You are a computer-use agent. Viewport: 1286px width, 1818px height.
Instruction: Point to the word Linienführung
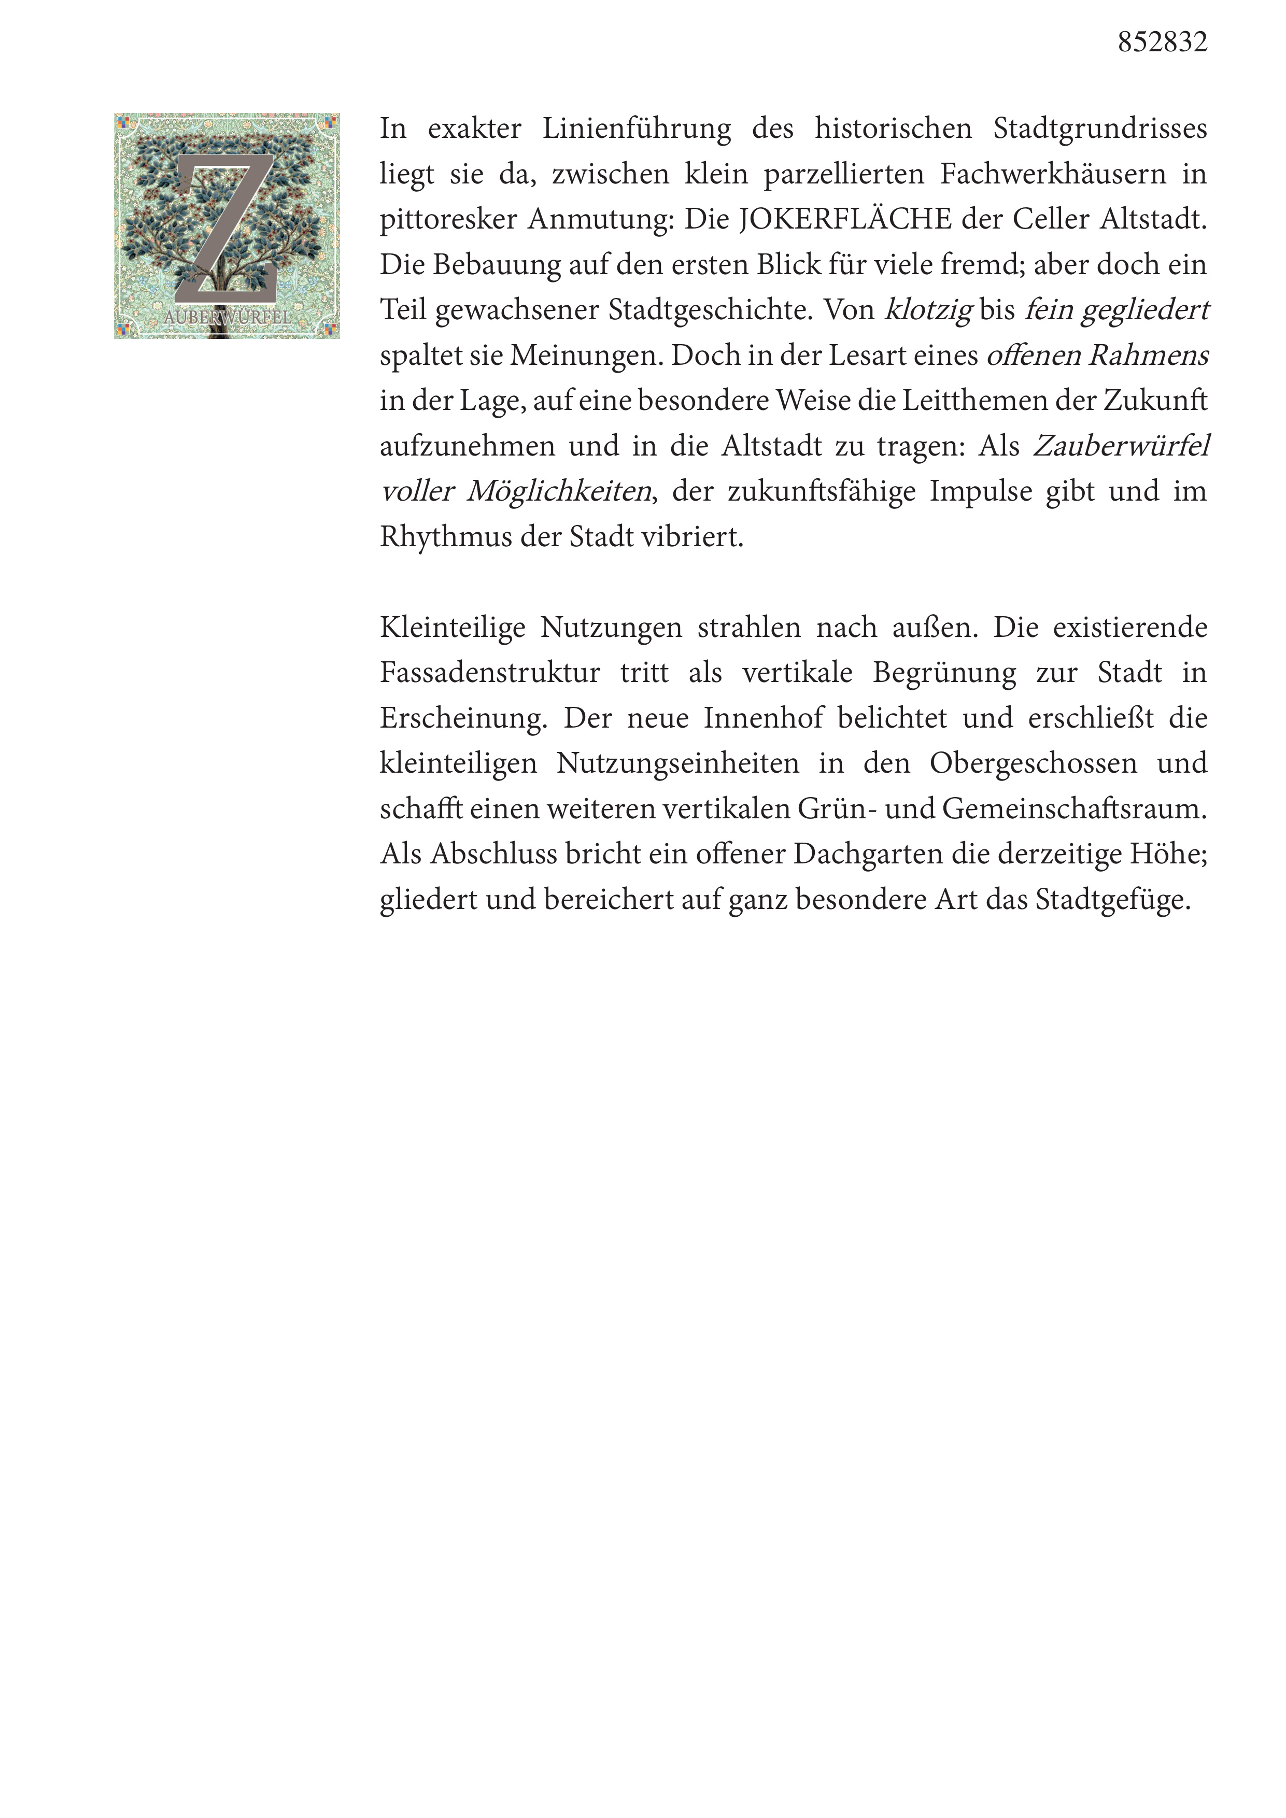(x=636, y=129)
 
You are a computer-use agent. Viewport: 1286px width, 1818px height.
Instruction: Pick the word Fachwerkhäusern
(x=1053, y=174)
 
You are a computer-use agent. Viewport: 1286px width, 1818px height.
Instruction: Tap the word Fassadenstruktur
(x=489, y=674)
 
